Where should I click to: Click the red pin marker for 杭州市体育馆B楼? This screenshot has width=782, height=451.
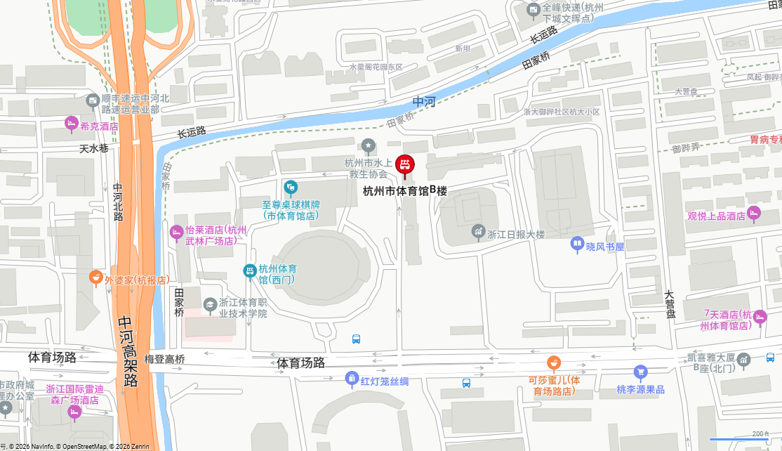[x=405, y=166]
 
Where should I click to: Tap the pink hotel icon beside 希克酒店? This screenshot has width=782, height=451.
[x=71, y=124]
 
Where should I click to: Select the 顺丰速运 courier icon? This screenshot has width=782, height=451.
[x=93, y=101]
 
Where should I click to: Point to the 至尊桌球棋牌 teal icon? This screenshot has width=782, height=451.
[x=291, y=188]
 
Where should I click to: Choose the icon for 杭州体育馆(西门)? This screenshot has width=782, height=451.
[x=249, y=270]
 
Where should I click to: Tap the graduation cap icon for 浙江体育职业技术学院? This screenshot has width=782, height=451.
[x=210, y=304]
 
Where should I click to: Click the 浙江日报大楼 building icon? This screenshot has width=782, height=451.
[x=479, y=231]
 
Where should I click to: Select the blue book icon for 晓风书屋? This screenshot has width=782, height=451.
[x=577, y=244]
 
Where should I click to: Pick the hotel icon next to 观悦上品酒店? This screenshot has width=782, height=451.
[x=754, y=213]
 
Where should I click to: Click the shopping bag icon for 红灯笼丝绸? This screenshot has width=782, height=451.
[x=352, y=379]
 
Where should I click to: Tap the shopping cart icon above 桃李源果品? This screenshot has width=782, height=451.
[x=640, y=372]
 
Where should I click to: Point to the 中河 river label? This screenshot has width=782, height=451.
[x=424, y=102]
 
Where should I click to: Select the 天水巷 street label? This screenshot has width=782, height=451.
[x=93, y=149]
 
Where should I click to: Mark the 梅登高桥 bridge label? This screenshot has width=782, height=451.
[x=164, y=359]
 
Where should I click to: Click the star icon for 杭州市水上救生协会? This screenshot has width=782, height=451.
[x=369, y=145]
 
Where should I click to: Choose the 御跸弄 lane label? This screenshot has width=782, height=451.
[x=686, y=148]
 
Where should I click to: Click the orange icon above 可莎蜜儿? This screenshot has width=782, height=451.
[x=554, y=363]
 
